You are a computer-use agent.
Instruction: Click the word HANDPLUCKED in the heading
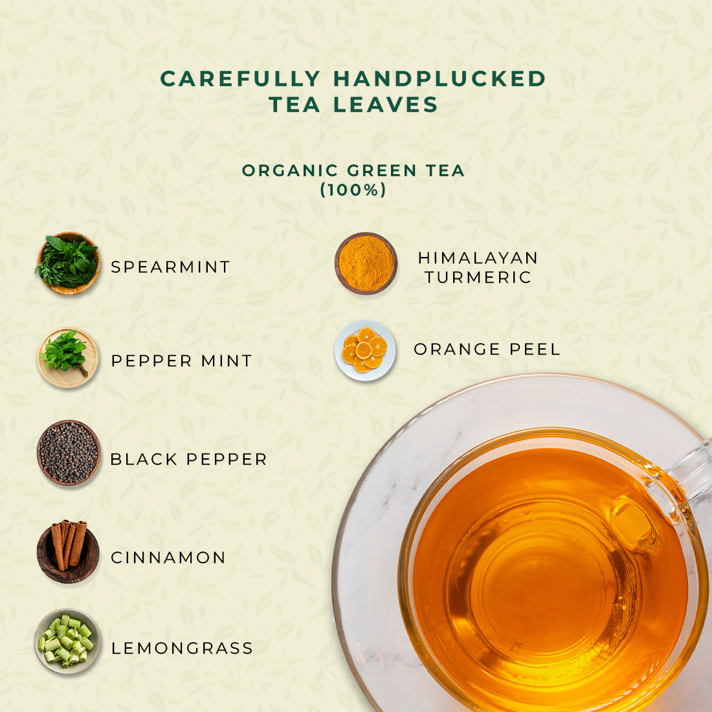click(439, 78)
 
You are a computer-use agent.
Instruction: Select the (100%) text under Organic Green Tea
click(353, 190)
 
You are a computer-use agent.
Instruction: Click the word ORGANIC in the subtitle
click(290, 171)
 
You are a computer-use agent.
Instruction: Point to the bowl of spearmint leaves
click(68, 263)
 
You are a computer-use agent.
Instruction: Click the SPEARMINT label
click(171, 267)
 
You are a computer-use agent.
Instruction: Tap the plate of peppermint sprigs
click(68, 357)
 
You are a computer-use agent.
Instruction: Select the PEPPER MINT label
click(182, 361)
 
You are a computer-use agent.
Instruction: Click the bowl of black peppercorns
click(69, 452)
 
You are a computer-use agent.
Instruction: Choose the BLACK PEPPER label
click(188, 460)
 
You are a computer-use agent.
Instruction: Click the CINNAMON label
click(168, 557)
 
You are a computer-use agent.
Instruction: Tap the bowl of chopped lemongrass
click(68, 641)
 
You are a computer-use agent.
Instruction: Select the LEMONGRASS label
click(182, 649)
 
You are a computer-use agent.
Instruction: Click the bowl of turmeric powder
click(366, 263)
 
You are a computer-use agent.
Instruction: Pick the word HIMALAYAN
click(478, 258)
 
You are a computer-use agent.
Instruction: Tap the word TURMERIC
click(478, 278)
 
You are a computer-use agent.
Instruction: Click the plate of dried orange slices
click(365, 350)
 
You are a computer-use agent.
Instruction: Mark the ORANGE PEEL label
click(487, 349)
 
